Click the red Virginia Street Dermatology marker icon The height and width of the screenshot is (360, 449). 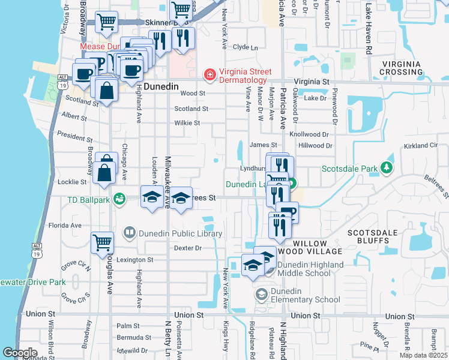(209, 75)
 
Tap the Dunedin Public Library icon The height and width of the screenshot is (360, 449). (129, 232)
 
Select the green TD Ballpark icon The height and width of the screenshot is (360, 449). (119, 199)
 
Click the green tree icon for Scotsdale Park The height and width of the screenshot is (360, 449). (388, 168)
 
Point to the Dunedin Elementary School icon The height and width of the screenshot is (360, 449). (261, 294)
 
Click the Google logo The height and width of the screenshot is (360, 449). (20, 353)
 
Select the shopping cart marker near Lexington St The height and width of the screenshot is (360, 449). (103, 243)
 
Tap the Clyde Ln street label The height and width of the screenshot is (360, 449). (245, 47)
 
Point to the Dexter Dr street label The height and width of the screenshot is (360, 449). (185, 247)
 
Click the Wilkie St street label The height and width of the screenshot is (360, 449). (187, 123)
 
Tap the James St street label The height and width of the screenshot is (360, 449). (263, 145)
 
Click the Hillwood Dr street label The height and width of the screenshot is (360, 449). (315, 145)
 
